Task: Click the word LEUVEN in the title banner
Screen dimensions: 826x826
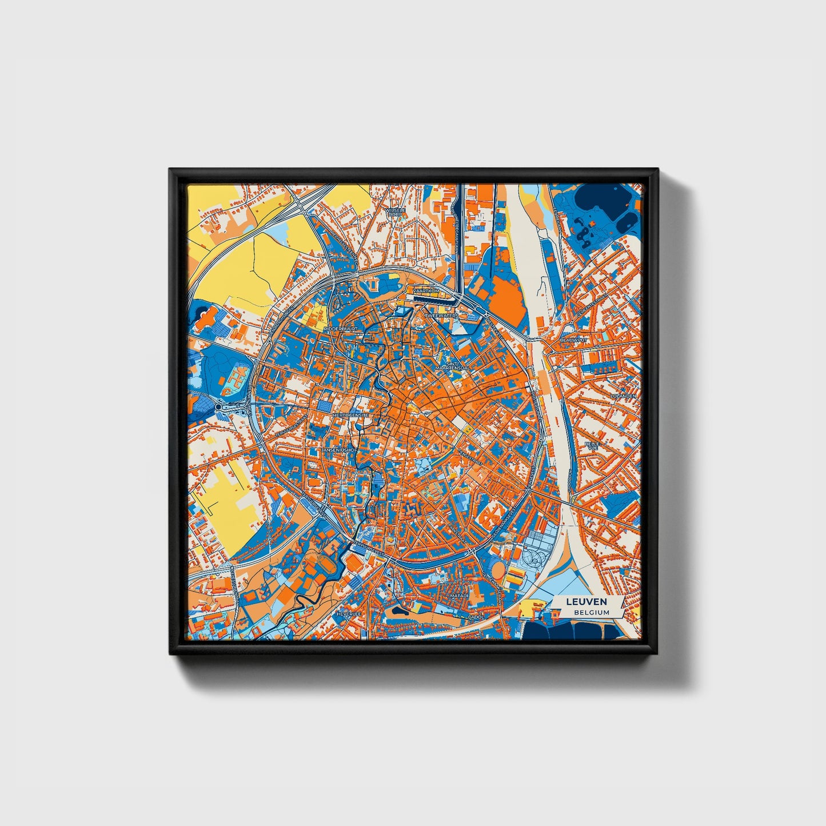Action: click(x=586, y=602)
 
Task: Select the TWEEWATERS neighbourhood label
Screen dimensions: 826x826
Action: click(x=441, y=315)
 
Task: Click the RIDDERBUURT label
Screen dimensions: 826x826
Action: click(x=340, y=330)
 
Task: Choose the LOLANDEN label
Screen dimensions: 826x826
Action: click(x=623, y=396)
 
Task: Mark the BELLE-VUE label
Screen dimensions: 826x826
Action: click(x=592, y=446)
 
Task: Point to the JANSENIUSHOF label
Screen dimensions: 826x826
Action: click(x=338, y=450)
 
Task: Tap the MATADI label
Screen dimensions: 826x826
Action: click(x=459, y=596)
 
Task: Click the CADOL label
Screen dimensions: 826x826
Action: click(x=476, y=617)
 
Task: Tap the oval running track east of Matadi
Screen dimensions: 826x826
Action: click(x=498, y=569)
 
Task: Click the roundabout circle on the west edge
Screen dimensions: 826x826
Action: click(x=218, y=406)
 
